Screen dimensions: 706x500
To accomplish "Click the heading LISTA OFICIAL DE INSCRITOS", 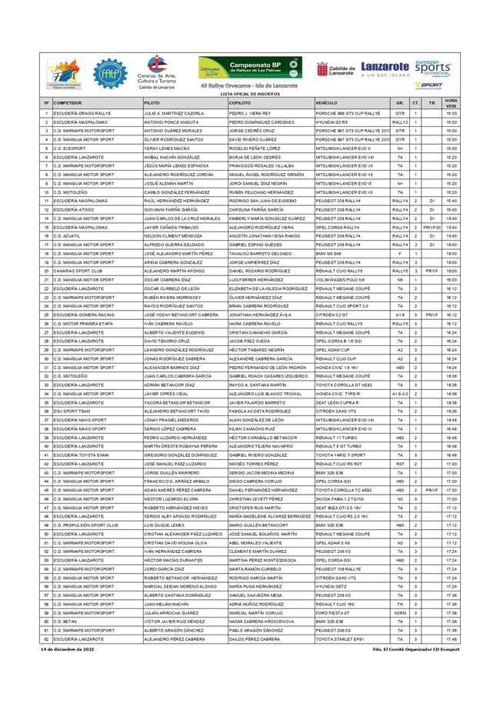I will click(x=250, y=92).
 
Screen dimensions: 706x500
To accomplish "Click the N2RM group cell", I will click(x=400, y=612).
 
